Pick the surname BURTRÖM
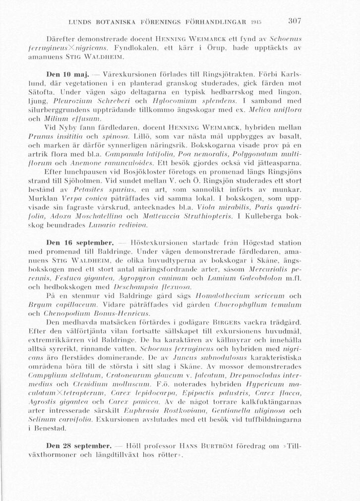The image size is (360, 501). click(x=218, y=439)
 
